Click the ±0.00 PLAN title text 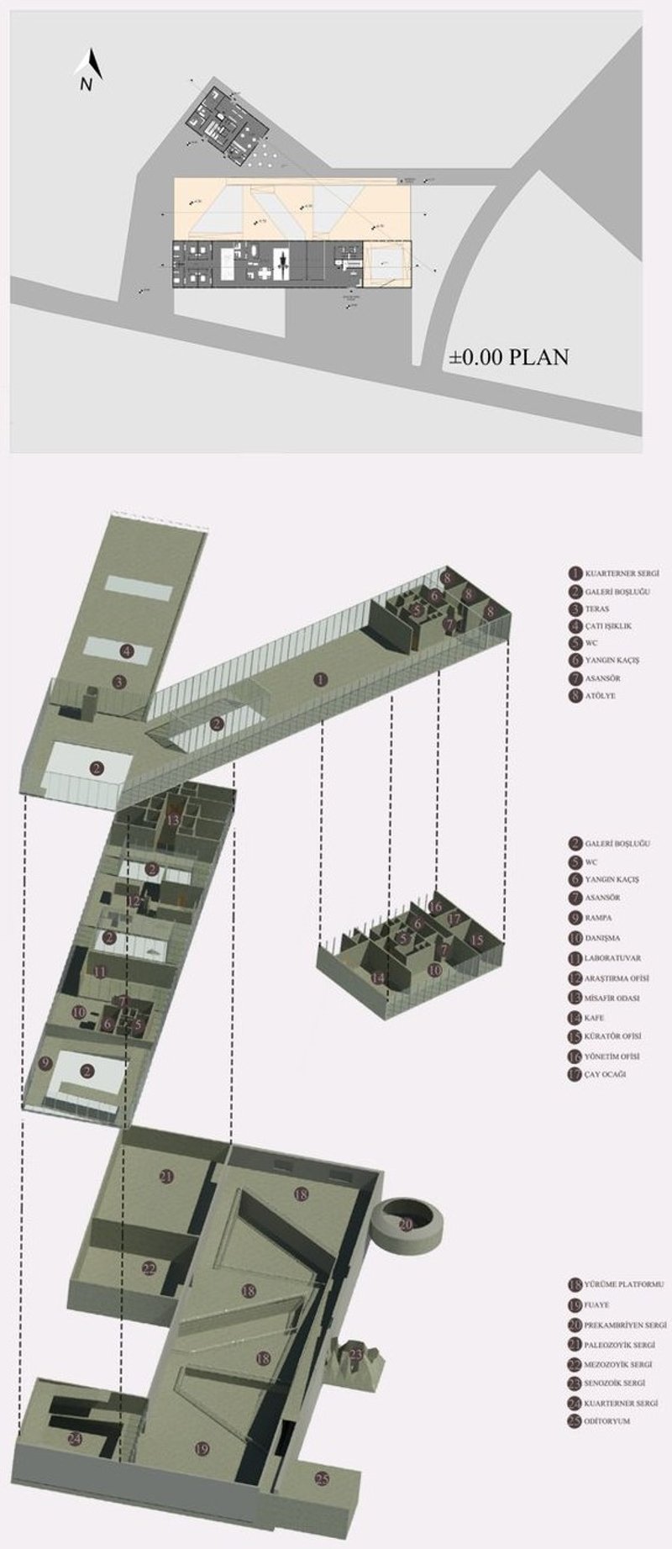tap(508, 356)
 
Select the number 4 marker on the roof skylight tap(127, 650)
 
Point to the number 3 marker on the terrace tap(119, 682)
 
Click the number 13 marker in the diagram tap(173, 819)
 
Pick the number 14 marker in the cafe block tap(378, 977)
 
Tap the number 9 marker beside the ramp tap(45, 1063)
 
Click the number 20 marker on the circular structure tap(406, 1225)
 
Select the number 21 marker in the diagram tap(166, 1177)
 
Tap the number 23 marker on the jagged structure tap(355, 1354)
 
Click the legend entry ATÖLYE tap(599, 696)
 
